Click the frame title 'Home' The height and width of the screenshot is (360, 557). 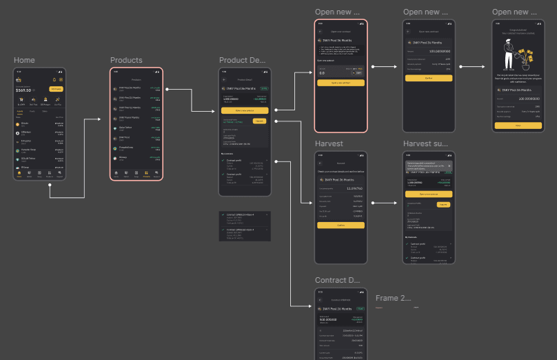[x=24, y=61]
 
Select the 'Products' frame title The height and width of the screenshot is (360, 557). [x=126, y=61]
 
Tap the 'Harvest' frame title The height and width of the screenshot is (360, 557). [x=329, y=144]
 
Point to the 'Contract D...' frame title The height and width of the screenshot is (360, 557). [x=338, y=281]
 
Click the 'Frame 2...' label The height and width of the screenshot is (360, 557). [x=393, y=299]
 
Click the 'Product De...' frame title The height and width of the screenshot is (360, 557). [x=242, y=61]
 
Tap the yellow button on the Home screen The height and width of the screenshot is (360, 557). [x=56, y=90]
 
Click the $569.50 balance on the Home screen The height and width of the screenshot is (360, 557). [x=24, y=90]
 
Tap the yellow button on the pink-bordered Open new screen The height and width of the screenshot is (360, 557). [x=341, y=83]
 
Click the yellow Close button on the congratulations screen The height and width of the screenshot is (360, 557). [x=518, y=126]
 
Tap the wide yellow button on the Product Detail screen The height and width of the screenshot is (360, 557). [x=245, y=110]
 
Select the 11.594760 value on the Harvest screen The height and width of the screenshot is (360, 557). [x=354, y=188]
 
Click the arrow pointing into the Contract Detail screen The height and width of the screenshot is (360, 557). [x=303, y=306]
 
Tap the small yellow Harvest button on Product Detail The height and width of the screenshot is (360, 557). [x=259, y=121]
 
